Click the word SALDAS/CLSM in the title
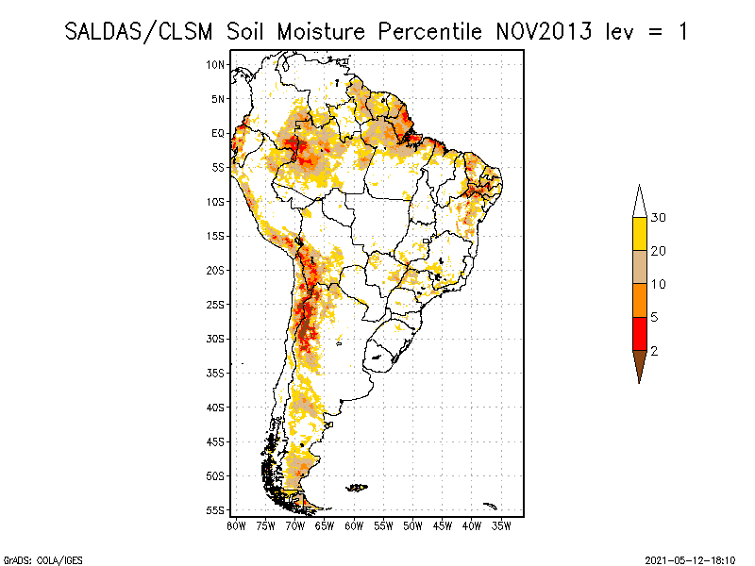click(142, 31)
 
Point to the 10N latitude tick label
click(216, 64)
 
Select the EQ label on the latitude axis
click(218, 133)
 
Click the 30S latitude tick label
click(216, 339)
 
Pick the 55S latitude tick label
click(216, 510)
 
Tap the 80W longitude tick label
click(236, 524)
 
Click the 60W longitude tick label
click(354, 524)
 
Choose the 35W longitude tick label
click(501, 524)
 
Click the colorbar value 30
click(659, 218)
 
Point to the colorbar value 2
click(654, 350)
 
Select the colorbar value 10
click(659, 284)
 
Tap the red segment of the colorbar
click(639, 333)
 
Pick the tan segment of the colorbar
click(639, 267)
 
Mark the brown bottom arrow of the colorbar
click(639, 363)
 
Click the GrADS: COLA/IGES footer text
click(34, 558)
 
